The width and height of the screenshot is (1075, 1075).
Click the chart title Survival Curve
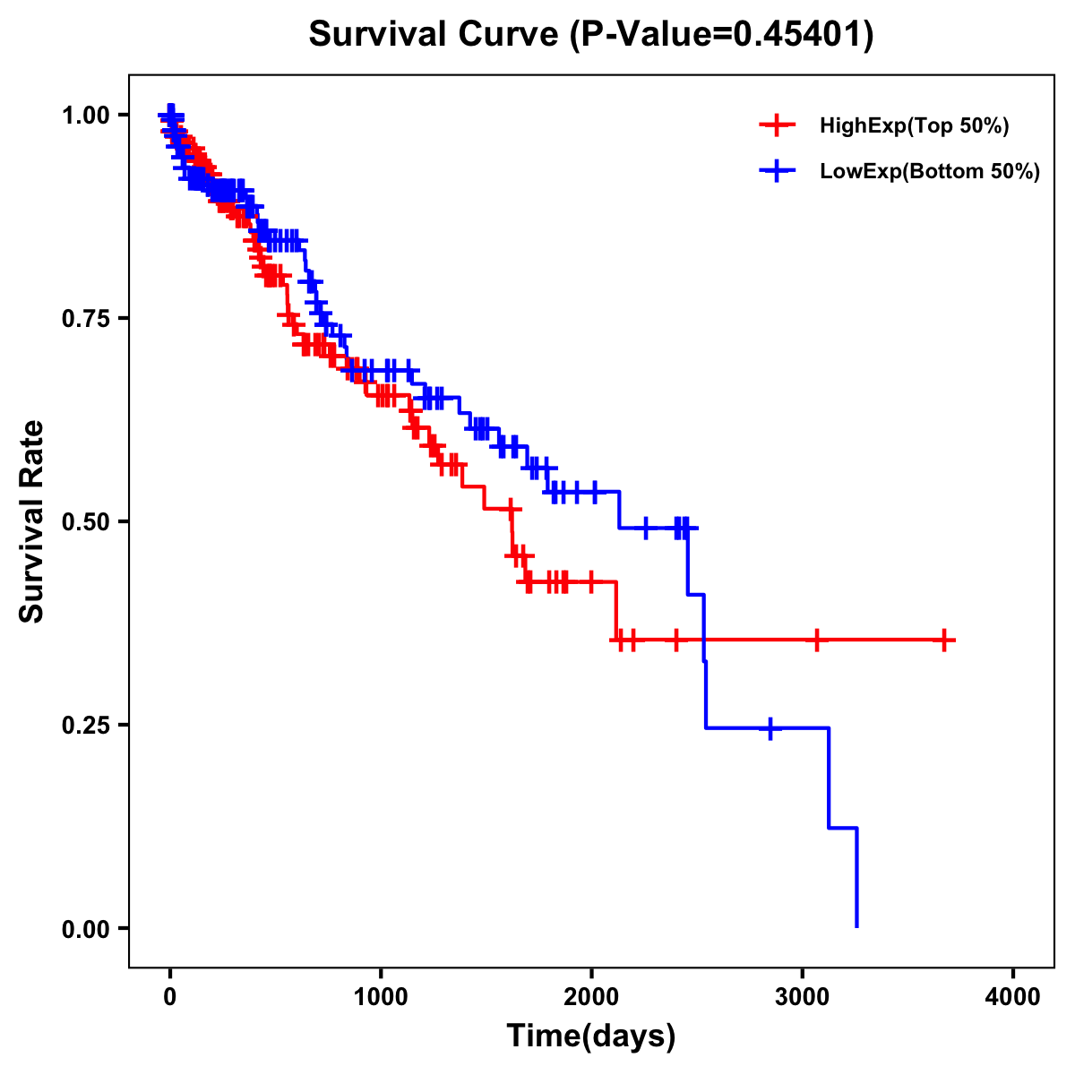[591, 35]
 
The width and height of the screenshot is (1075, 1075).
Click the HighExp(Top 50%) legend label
[914, 126]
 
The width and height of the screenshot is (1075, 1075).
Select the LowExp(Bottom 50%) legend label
[929, 172]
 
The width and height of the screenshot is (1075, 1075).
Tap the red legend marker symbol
[777, 125]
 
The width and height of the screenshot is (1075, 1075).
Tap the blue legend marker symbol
[777, 171]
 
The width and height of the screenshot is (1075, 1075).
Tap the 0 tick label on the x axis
[170, 998]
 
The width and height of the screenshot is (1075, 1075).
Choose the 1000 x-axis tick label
[381, 998]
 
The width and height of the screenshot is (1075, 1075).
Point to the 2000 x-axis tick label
[591, 998]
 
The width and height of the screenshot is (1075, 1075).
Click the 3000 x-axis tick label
[803, 998]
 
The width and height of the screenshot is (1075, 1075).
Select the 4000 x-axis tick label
[1013, 998]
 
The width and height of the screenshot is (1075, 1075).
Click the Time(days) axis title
[591, 1036]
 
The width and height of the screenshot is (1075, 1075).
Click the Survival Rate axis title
[32, 521]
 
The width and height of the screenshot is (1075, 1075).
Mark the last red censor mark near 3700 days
[944, 640]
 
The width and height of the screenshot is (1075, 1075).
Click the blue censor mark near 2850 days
[770, 728]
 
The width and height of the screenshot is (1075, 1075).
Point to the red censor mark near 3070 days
[816, 640]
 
